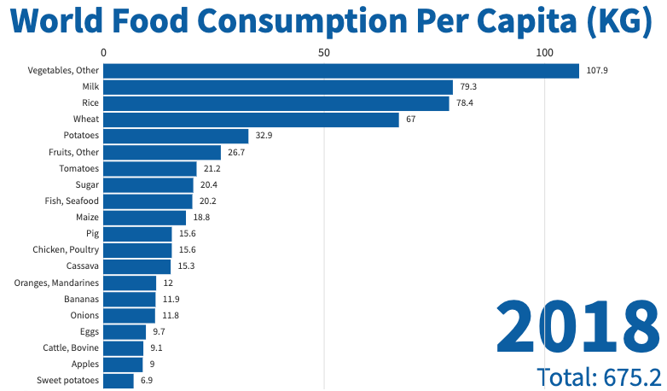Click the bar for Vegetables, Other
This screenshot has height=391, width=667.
click(341, 71)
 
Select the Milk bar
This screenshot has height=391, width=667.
click(278, 87)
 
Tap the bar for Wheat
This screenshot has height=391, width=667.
click(251, 120)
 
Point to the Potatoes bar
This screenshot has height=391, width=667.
click(176, 136)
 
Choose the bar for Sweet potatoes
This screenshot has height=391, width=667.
click(119, 380)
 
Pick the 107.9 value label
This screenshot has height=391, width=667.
click(597, 71)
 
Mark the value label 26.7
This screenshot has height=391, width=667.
click(236, 152)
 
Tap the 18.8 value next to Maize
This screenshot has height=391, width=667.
click(201, 218)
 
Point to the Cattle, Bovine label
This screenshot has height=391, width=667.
click(71, 347)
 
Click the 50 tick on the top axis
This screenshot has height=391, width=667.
click(324, 52)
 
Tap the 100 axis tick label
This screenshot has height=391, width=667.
click(544, 52)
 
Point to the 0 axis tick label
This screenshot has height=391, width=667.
click(103, 52)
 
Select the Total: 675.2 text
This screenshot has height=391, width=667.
click(599, 376)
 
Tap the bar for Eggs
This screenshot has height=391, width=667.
click(125, 331)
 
